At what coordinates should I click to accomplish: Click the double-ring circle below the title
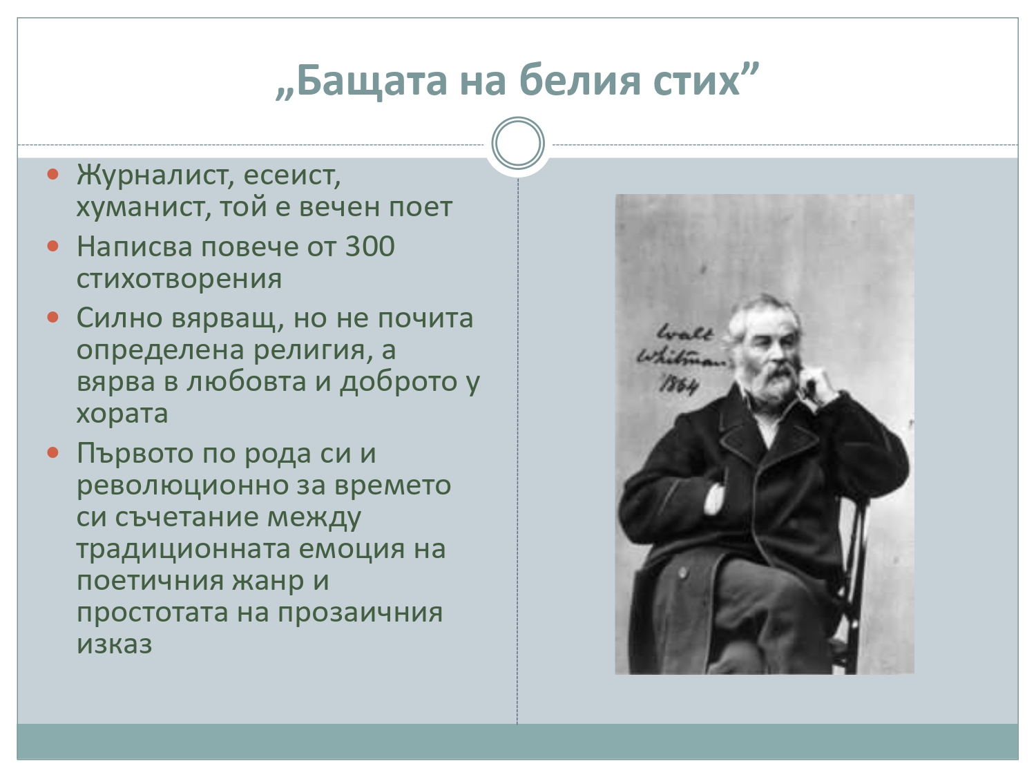(518, 143)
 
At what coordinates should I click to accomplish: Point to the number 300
(370, 247)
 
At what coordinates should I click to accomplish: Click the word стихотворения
(179, 278)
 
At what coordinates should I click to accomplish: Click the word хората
(122, 414)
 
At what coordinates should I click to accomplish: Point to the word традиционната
(183, 550)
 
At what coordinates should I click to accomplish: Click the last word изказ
(114, 644)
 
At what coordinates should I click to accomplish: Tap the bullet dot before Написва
(53, 246)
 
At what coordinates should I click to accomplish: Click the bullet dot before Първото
(53, 453)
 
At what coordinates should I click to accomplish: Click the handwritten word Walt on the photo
(684, 333)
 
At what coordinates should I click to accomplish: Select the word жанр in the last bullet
(267, 582)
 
